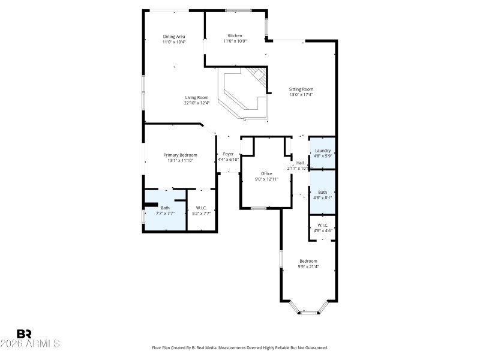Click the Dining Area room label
174,37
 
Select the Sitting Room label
301,89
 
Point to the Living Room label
196,97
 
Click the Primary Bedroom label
180,155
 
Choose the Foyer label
228,154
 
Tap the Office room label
266,173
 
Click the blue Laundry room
323,153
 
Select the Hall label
300,163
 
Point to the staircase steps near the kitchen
258,76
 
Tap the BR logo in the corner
24,334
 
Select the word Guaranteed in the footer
314,348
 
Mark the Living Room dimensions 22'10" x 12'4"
196,103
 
